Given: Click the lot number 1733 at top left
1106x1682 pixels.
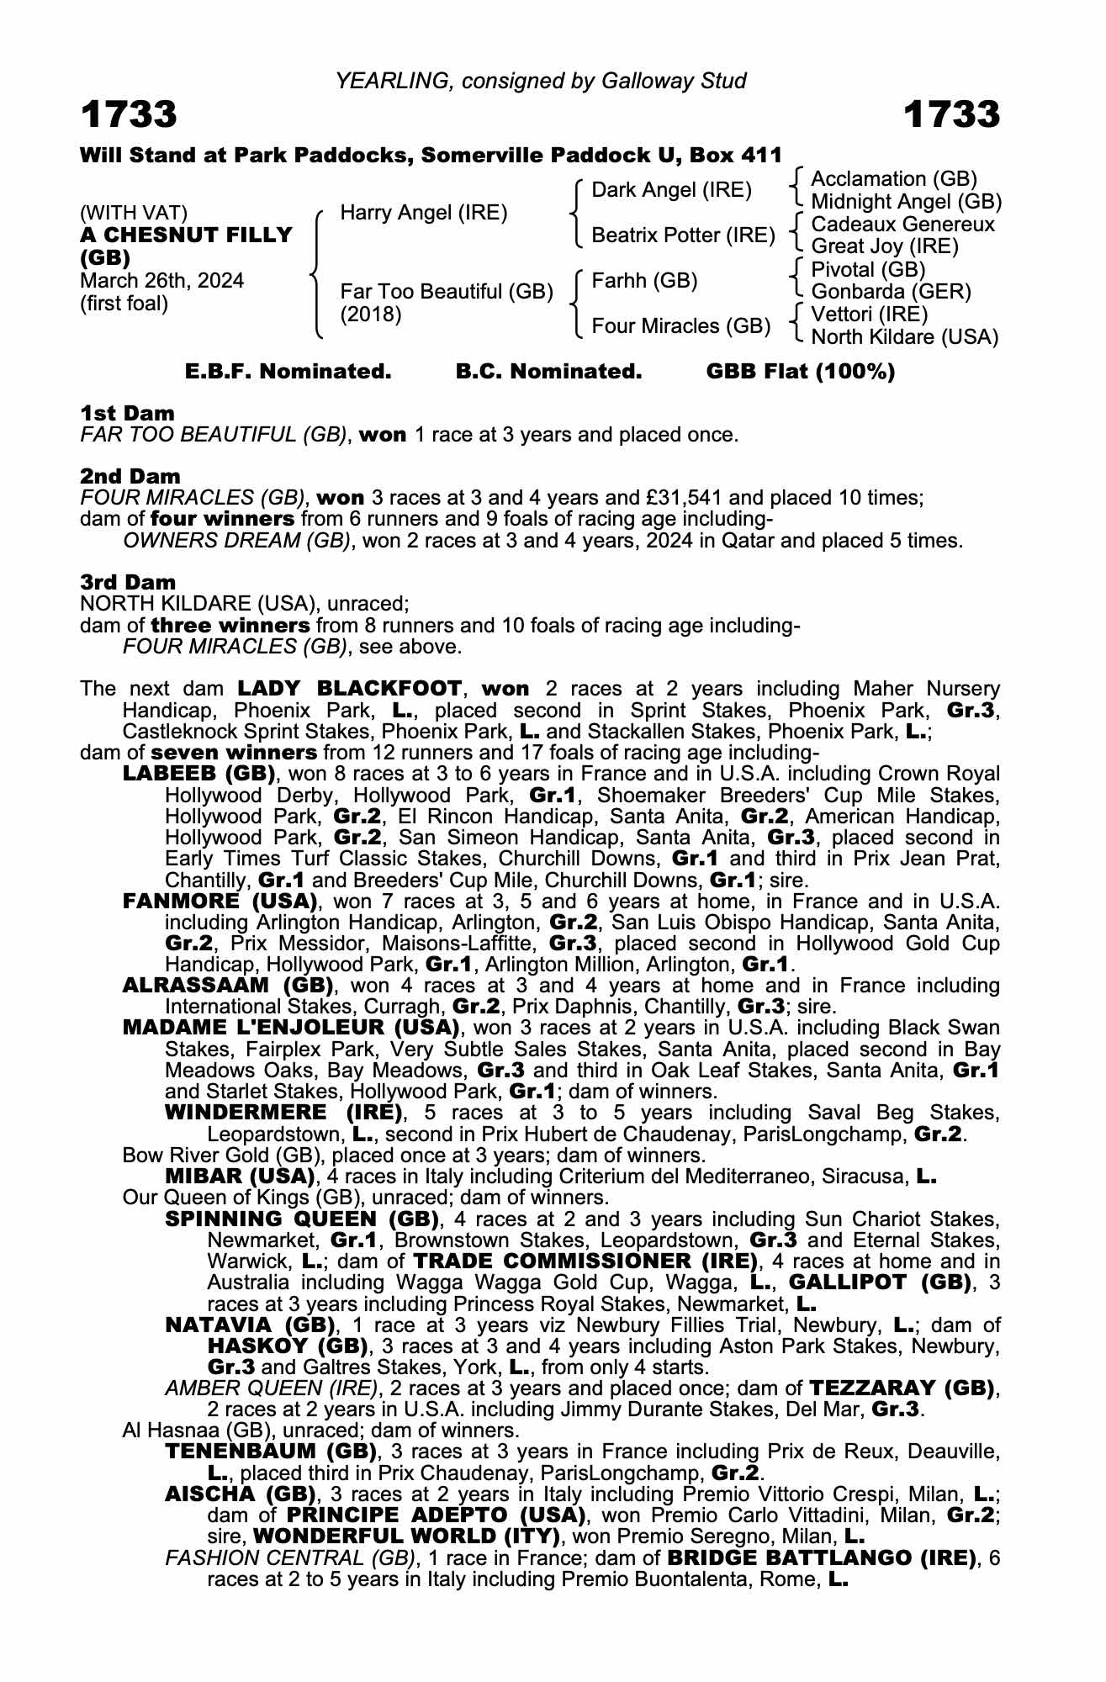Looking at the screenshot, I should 129,114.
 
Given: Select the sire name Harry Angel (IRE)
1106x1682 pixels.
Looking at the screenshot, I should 423,213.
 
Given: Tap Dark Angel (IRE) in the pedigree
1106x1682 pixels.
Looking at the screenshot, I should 671,190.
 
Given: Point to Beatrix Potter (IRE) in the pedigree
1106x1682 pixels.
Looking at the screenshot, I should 683,235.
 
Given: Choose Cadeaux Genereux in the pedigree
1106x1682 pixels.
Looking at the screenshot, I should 902,225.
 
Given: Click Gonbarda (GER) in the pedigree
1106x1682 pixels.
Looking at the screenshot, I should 891,292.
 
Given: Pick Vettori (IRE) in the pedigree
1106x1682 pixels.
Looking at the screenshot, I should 869,315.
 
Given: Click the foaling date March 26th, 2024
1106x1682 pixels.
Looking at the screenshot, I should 161,281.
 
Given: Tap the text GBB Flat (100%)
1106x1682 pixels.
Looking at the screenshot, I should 800,372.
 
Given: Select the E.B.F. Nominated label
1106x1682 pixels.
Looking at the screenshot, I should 288,372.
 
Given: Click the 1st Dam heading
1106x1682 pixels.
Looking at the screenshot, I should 127,413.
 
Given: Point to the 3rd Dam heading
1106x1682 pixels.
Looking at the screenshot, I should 128,582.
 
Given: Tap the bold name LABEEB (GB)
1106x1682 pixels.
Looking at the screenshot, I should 198,774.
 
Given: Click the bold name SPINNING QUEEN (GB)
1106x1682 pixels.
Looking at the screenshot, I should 302,1219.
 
